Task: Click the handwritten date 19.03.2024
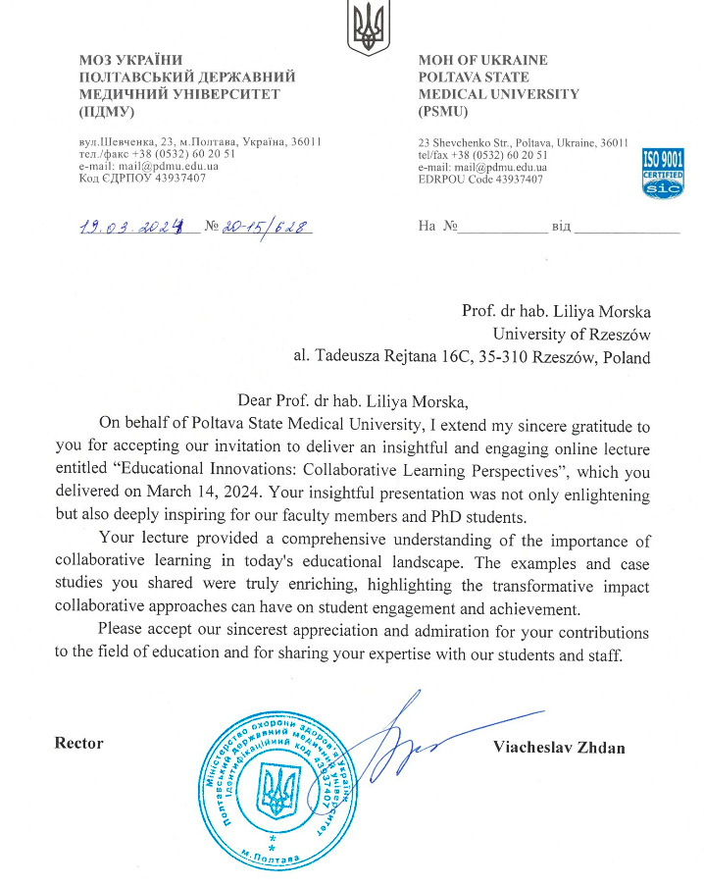132,228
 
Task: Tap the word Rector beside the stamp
78,743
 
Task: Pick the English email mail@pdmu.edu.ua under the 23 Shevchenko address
482,167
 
